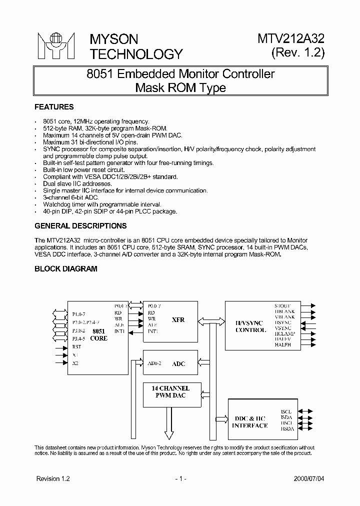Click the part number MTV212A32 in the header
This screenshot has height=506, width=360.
(x=291, y=39)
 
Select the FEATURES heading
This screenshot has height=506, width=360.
(x=54, y=107)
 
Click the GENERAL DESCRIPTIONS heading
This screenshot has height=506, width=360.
(x=80, y=226)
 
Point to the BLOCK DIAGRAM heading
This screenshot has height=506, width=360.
(x=66, y=268)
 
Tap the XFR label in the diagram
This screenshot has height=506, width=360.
(x=178, y=319)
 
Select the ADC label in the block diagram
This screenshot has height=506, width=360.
(x=178, y=363)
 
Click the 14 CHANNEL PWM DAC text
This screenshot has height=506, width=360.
(x=170, y=392)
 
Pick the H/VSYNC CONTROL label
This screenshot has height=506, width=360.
(x=250, y=326)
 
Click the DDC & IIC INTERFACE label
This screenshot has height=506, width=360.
(x=250, y=422)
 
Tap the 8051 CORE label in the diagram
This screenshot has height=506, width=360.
(x=99, y=334)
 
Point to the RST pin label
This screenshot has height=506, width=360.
(x=76, y=346)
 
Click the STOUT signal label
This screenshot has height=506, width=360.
(x=283, y=305)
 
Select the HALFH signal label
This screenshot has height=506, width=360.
(x=283, y=344)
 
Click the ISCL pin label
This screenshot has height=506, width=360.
(x=286, y=411)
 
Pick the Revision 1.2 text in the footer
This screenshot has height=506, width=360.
(x=53, y=478)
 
